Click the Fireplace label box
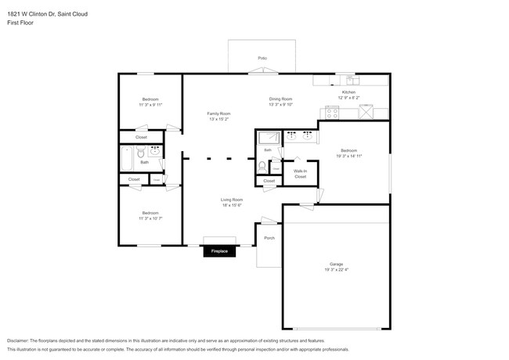click(x=220, y=251)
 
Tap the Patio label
click(x=262, y=59)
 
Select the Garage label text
click(x=336, y=264)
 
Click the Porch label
click(x=269, y=238)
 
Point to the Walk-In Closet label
click(x=300, y=173)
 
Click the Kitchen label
click(x=348, y=92)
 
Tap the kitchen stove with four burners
click(x=332, y=112)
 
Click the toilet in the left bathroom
click(x=139, y=154)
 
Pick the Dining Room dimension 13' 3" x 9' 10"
click(x=281, y=104)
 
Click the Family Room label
click(x=218, y=113)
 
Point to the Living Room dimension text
click(x=231, y=205)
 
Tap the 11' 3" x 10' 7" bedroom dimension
click(x=150, y=218)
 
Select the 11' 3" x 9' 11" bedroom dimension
click(x=150, y=104)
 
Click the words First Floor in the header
click(x=20, y=23)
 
